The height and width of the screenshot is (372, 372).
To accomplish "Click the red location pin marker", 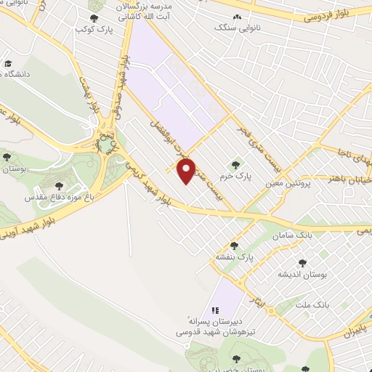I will (187, 171).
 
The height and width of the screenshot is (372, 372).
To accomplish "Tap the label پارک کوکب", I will (93, 31).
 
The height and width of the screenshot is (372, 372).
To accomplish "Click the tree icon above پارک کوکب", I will (93, 18).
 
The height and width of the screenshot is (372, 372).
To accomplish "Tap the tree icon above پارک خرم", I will (234, 163).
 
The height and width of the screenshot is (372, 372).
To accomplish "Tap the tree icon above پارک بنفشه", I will (234, 246).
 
